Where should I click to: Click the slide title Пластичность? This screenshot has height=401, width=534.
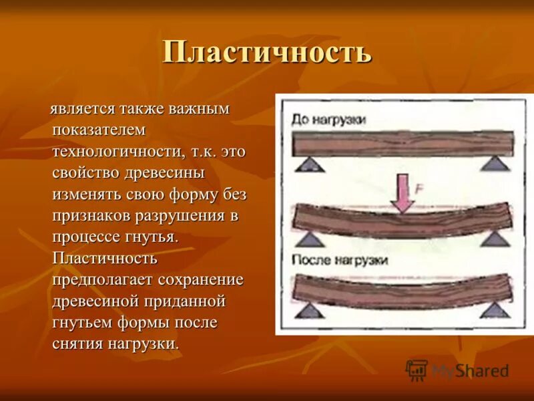point(266,53)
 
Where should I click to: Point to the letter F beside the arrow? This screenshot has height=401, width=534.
point(419,188)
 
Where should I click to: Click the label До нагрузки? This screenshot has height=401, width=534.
point(328,120)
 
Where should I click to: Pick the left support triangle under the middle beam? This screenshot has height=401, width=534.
point(309,239)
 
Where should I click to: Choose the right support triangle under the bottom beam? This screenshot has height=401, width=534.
point(495,309)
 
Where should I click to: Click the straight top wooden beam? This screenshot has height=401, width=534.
point(403,143)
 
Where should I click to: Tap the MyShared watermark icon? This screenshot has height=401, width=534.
point(417,370)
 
